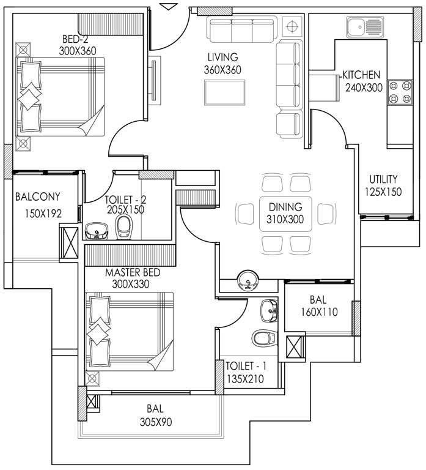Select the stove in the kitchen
[399, 92]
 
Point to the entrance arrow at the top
[169, 6]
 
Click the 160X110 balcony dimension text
[317, 311]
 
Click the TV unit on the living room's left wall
[155, 80]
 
